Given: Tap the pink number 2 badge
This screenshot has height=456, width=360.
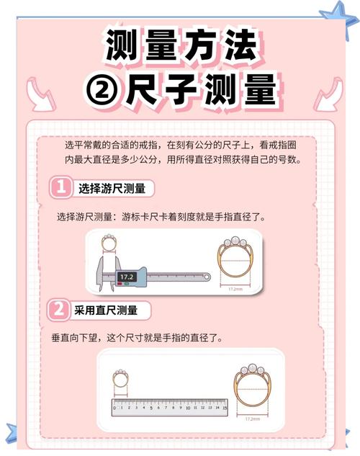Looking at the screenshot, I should [60, 310].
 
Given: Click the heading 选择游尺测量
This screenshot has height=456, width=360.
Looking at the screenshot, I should [112, 189].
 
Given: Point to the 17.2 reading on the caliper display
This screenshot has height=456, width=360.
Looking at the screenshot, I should [127, 276].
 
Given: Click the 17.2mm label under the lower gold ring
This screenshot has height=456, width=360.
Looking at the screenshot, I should [253, 418].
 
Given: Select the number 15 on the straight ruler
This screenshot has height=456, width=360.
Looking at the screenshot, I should [225, 407].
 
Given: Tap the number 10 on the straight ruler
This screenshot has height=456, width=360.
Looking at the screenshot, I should [189, 407].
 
